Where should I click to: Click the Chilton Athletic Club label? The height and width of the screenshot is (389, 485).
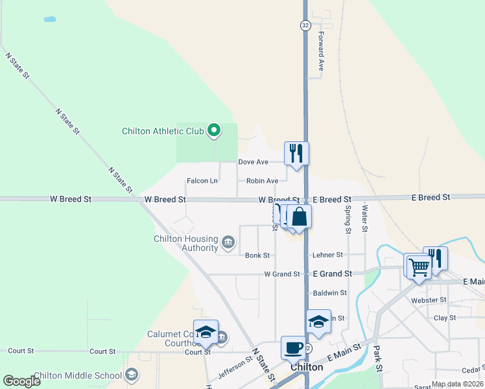pyautogui.click(x=163, y=131)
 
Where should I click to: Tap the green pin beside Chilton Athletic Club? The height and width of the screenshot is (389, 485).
pyautogui.click(x=214, y=131)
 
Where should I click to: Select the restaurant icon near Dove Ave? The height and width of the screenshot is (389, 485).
pyautogui.click(x=296, y=154)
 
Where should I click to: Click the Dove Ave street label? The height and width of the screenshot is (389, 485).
pyautogui.click(x=253, y=161)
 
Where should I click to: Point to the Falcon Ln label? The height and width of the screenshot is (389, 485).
pyautogui.click(x=202, y=181)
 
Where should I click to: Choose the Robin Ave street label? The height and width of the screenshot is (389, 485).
pyautogui.click(x=262, y=181)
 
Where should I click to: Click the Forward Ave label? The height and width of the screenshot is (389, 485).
pyautogui.click(x=320, y=52)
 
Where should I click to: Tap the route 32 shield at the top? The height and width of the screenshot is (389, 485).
pyautogui.click(x=305, y=25)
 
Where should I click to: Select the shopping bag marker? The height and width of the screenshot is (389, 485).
pyautogui.click(x=300, y=217)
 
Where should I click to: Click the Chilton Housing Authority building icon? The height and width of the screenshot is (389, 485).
pyautogui.click(x=228, y=242)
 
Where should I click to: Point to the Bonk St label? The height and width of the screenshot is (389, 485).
pyautogui.click(x=257, y=255)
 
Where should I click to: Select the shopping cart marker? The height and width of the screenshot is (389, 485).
pyautogui.click(x=419, y=265)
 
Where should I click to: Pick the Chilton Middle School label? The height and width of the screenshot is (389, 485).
pyautogui.click(x=77, y=375)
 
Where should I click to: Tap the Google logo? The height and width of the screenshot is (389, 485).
pyautogui.click(x=21, y=381)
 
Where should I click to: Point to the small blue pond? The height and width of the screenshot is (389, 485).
pyautogui.click(x=49, y=19)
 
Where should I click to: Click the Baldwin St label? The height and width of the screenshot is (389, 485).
pyautogui.click(x=330, y=293)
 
